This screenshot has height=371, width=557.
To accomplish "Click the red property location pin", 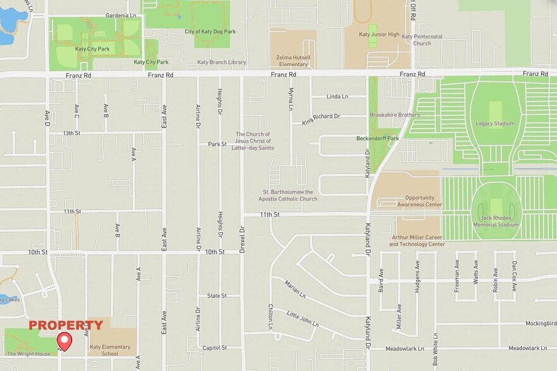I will coord(64,341).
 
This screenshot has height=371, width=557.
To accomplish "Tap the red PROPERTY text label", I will coord(66,326).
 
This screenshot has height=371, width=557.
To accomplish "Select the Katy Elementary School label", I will coord(110,350).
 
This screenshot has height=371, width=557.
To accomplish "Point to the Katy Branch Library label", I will coord(222,62).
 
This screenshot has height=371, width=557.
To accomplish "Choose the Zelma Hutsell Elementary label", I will coord(292,61).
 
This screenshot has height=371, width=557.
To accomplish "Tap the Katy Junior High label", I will coord(379,35).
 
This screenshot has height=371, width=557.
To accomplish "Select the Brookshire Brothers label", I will coord(395,115).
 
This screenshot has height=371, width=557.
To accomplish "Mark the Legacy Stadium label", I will coord(495,124).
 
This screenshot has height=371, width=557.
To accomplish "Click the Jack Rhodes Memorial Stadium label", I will coord(495,221).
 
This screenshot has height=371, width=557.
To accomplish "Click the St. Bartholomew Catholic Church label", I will coord(287,195).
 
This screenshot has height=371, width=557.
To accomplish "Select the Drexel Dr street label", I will coord(242,240).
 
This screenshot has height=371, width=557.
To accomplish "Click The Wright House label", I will coord(28,354).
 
